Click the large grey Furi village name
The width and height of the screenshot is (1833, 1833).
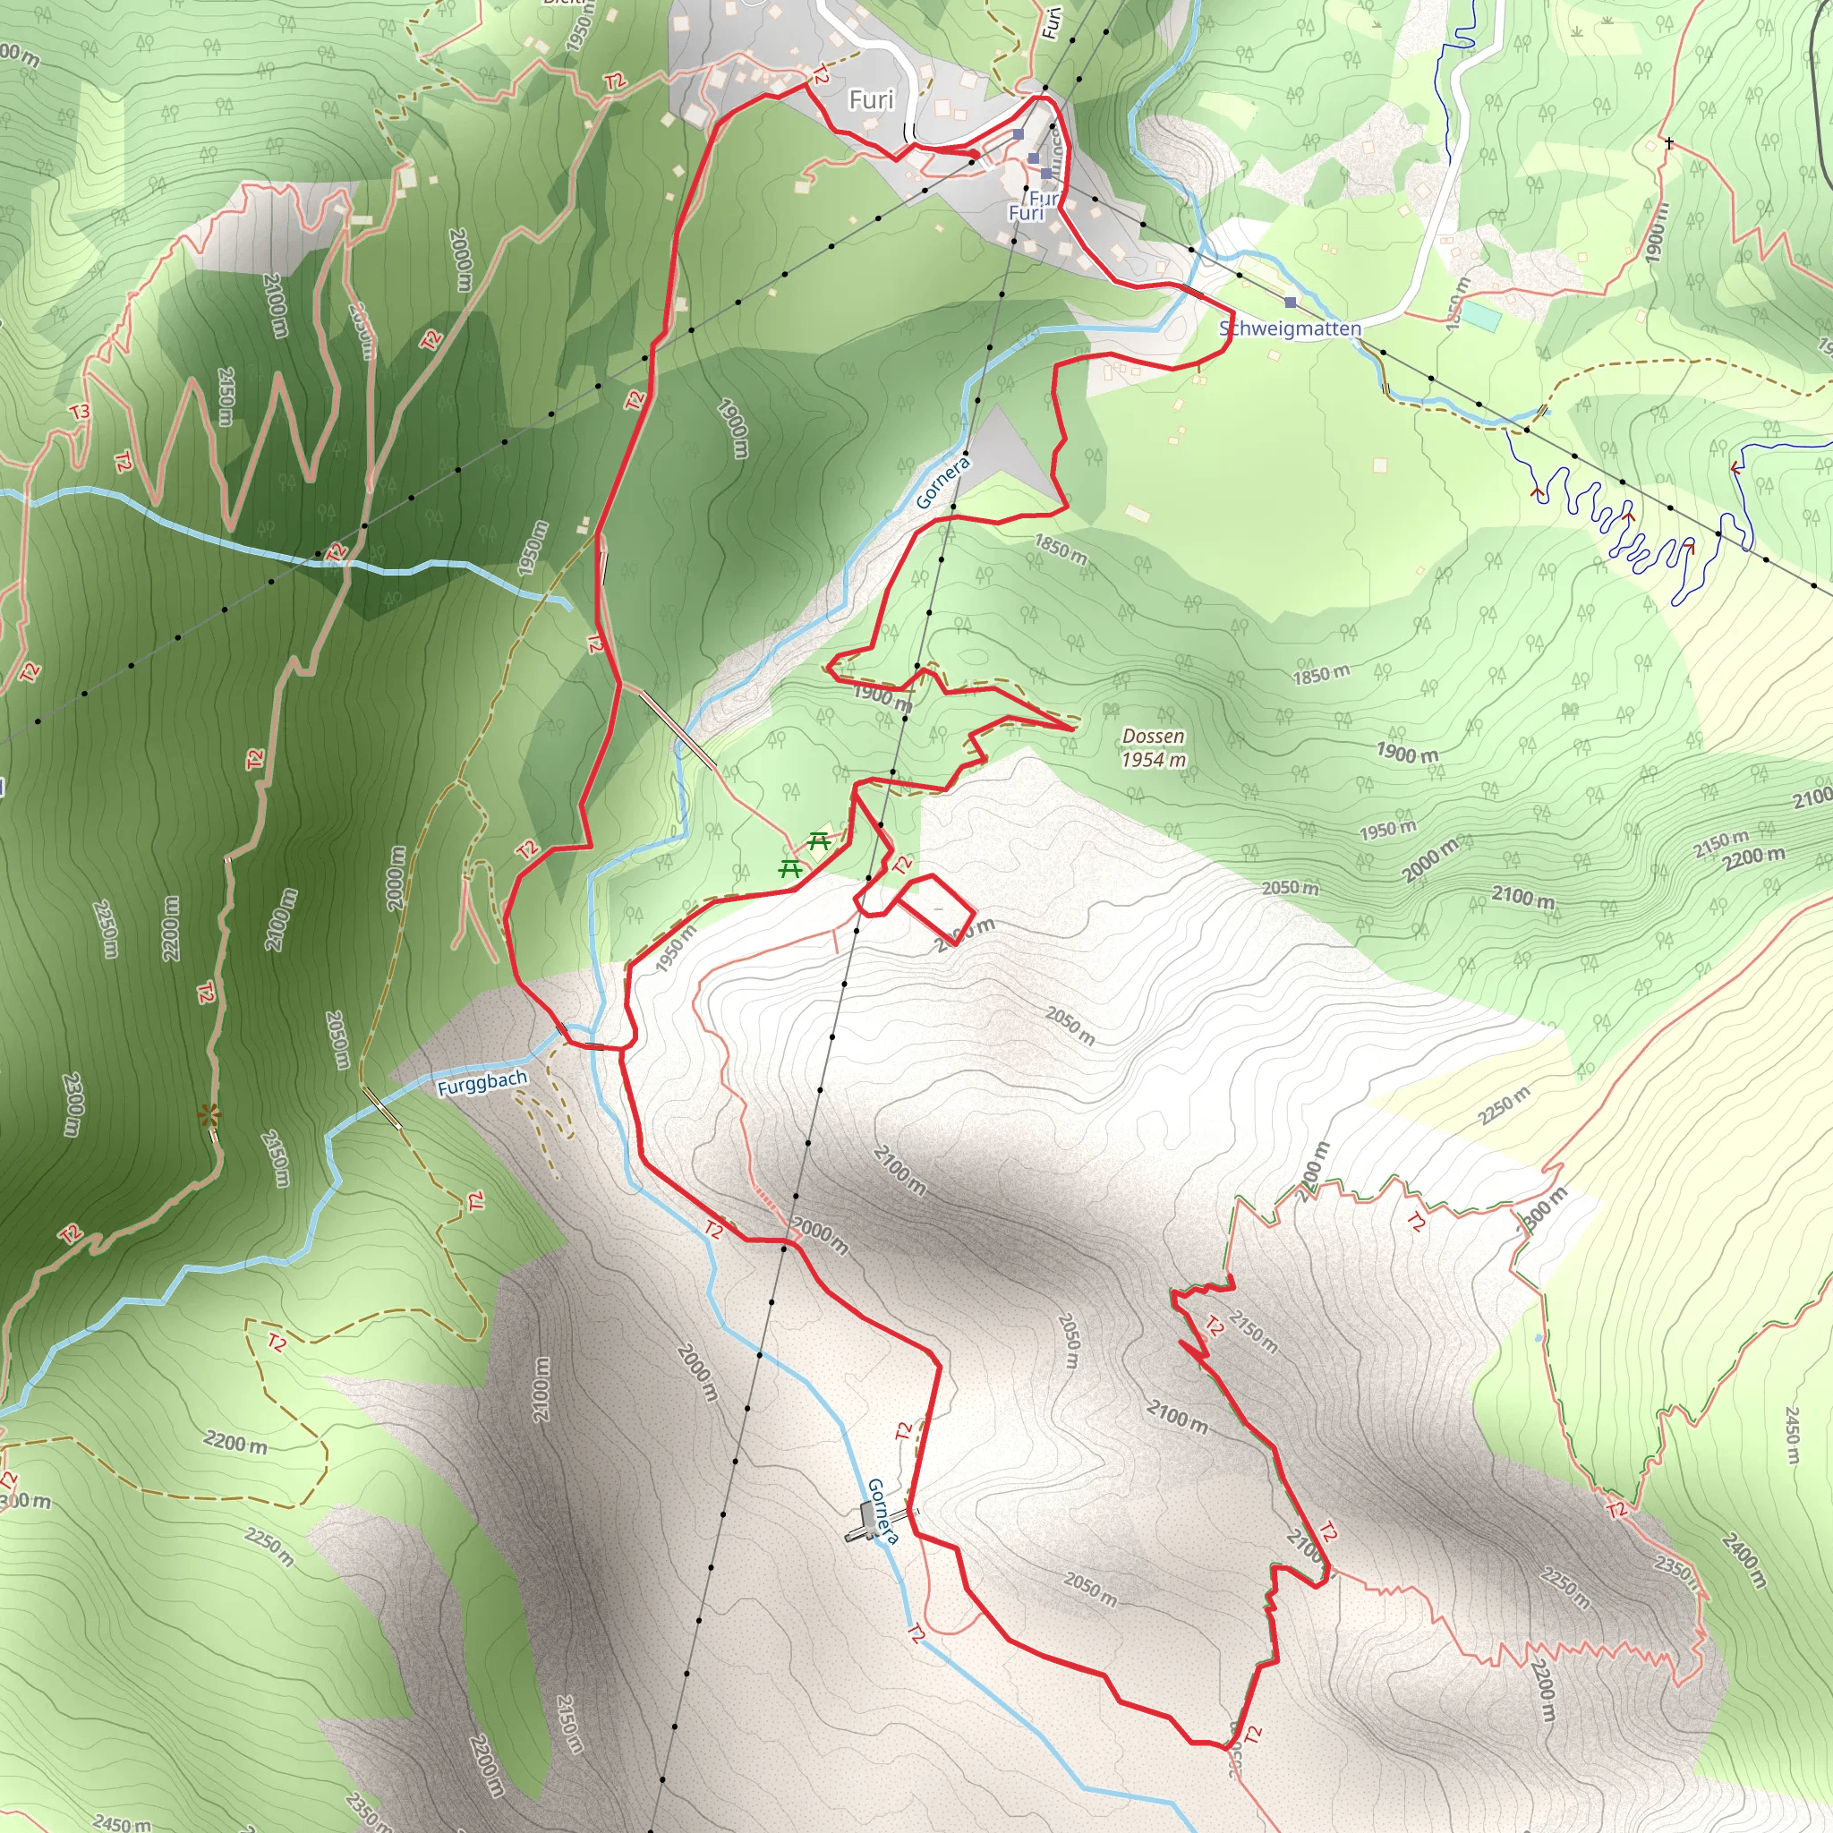point(871,99)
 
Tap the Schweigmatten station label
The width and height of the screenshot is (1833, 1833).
point(1290,328)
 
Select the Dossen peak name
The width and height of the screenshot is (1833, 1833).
point(1153,737)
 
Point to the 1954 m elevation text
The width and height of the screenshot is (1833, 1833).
point(1153,759)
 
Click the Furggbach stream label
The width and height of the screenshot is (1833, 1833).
point(482,1083)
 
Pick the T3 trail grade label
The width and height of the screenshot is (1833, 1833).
point(80,412)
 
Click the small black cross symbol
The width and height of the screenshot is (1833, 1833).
point(1669,144)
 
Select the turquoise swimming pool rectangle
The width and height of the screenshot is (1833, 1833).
point(1480,316)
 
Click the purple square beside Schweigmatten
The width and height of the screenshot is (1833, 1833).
point(1291,303)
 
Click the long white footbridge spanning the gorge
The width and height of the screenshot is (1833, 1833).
point(678,728)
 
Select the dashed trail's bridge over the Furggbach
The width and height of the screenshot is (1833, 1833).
point(380,1107)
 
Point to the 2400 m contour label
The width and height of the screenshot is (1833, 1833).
point(1743,1561)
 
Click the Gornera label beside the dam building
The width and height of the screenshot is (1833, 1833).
point(882,1511)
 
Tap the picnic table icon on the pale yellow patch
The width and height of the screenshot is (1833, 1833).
point(819,840)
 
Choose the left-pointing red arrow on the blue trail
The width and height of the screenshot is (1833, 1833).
point(1736,469)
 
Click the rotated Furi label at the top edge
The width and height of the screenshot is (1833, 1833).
point(1049,21)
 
